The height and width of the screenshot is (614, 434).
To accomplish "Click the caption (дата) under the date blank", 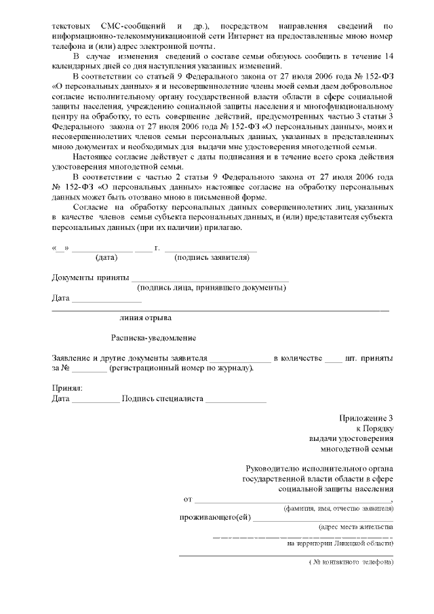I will tap(106, 258).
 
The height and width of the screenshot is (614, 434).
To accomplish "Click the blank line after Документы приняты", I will tap(210, 277).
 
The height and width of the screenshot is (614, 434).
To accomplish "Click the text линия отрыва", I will tap(145, 317).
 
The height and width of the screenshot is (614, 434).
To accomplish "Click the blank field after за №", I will tap(89, 368).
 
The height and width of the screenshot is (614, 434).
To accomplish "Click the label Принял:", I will tap(66, 388).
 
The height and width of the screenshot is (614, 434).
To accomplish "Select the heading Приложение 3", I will tap(366, 417).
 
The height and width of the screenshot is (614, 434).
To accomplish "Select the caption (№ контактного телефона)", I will tap(349, 562).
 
